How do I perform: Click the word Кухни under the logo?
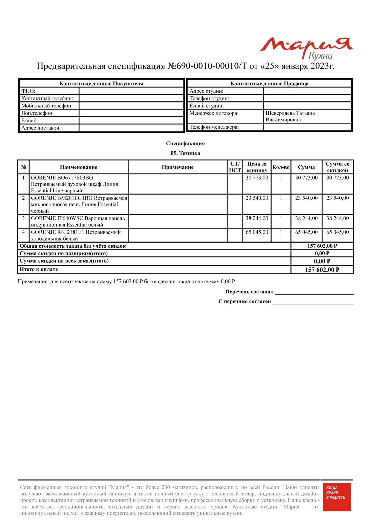click(x=320, y=56)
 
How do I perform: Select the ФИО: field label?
click(x=28, y=91)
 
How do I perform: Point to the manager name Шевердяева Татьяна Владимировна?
click(x=290, y=116)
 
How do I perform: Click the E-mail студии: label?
click(x=207, y=106)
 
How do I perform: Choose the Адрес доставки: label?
click(x=41, y=128)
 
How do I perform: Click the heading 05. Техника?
click(x=185, y=153)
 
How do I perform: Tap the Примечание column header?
click(x=178, y=167)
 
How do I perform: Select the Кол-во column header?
click(x=281, y=167)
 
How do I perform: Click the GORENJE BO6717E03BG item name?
click(x=62, y=178)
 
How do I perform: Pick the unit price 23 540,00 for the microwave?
click(x=257, y=198)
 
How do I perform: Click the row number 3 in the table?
click(x=23, y=218)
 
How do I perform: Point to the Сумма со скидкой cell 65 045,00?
click(x=338, y=232)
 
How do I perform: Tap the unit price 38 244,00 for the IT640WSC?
click(x=257, y=218)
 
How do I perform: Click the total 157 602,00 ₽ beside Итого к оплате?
click(x=322, y=270)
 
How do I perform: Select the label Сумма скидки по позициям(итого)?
click(x=64, y=253)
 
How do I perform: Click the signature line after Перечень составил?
click(x=314, y=293)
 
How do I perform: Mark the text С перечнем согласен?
click(x=245, y=302)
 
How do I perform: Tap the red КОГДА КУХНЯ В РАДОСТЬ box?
click(x=337, y=497)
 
